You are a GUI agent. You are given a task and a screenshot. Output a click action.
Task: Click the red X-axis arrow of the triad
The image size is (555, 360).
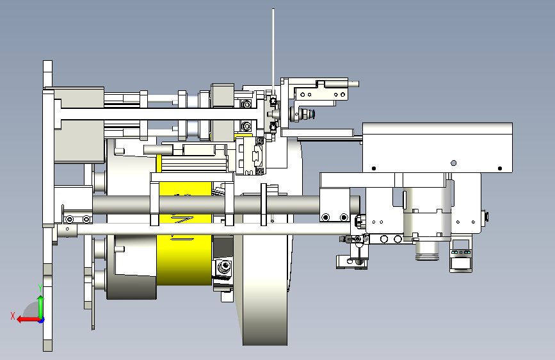point(28,320)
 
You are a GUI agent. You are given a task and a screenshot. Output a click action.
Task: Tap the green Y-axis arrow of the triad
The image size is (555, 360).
point(41,307)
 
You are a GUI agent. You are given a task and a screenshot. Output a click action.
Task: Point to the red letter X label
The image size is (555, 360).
point(13,316)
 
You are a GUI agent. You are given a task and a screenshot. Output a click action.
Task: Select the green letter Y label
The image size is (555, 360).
point(40,288)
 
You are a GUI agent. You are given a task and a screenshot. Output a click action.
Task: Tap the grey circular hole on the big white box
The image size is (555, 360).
point(453,163)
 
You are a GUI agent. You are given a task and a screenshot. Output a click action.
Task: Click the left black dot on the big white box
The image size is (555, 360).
point(374,168)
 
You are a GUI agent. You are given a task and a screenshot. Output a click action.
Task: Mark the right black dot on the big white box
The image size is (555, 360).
point(500,168)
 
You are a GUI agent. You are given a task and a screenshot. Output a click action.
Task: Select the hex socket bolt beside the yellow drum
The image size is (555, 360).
point(224,266)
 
